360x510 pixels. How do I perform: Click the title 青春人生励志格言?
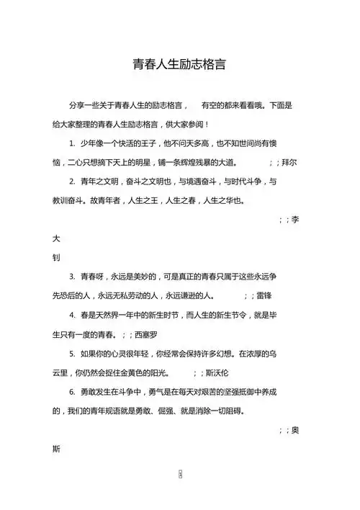180,64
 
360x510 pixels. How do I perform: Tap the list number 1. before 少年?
73,143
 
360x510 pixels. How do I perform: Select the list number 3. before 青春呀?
73,277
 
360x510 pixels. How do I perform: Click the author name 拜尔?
287,162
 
